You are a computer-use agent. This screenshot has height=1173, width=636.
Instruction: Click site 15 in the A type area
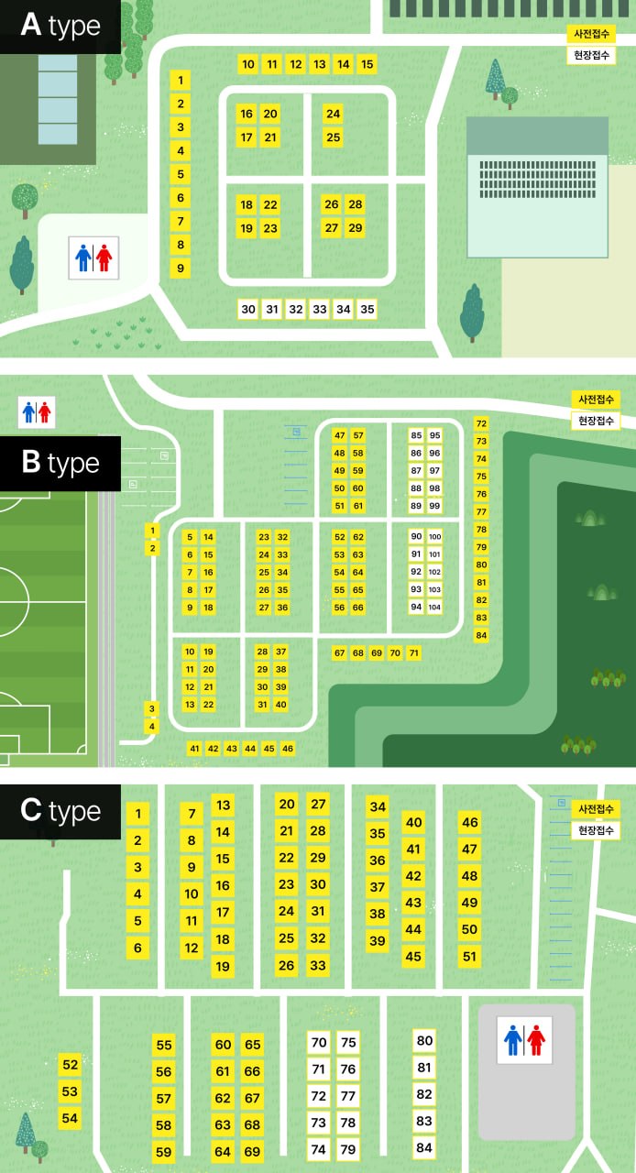click(367, 64)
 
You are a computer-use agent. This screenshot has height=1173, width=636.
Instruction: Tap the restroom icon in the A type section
click(94, 258)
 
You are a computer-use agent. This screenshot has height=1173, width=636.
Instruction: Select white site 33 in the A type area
click(320, 310)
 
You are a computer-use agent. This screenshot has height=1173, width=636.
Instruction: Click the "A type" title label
click(60, 27)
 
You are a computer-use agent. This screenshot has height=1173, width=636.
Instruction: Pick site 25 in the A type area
click(334, 138)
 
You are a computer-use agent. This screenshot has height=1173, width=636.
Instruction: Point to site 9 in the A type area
click(181, 269)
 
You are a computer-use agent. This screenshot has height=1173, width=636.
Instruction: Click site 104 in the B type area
click(434, 608)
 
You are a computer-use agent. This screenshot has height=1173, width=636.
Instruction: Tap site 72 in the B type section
click(482, 423)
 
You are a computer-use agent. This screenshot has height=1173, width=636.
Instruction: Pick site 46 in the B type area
click(288, 749)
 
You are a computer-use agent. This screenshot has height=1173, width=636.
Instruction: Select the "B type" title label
click(60, 463)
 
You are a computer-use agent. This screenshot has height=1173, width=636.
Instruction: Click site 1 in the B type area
click(153, 531)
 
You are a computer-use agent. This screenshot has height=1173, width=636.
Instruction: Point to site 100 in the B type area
click(434, 537)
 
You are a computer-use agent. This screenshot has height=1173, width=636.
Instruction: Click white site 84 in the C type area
click(423, 1147)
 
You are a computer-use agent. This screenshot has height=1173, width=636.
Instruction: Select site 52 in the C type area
click(70, 1065)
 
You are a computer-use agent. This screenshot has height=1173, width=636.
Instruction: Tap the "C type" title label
click(60, 812)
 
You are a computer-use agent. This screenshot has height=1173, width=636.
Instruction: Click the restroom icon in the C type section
click(525, 1040)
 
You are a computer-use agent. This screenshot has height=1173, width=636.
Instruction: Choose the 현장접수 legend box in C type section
click(597, 831)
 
